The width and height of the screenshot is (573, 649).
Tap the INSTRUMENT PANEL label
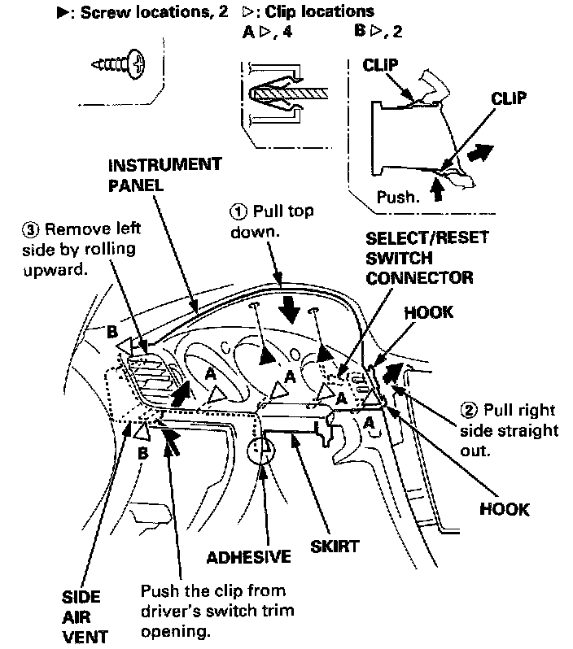tap(164, 174)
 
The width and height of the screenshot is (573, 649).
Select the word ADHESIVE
tap(248, 558)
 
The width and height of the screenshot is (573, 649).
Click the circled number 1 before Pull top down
tap(237, 211)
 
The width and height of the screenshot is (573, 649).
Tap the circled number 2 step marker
tap(468, 408)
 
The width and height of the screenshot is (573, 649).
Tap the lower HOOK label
tap(505, 509)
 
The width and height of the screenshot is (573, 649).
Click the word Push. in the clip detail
tap(396, 196)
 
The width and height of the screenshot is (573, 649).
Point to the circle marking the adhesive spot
tap(263, 447)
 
